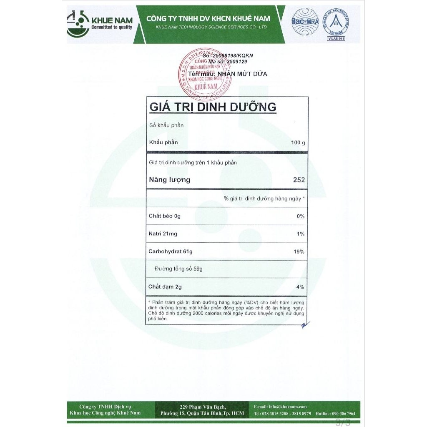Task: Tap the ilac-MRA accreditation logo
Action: tap(303, 22)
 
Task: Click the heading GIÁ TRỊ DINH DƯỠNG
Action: tap(213, 107)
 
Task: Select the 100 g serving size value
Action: tap(298, 143)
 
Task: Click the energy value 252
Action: tap(299, 180)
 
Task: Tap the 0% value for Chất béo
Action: tap(300, 216)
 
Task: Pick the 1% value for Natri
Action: tap(301, 234)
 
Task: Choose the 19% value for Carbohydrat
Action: tap(299, 252)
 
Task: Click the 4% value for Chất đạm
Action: tap(300, 287)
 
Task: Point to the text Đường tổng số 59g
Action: tap(178, 269)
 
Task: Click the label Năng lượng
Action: tap(170, 180)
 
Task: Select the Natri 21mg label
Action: tap(163, 234)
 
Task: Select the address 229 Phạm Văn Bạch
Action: tap(203, 407)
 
